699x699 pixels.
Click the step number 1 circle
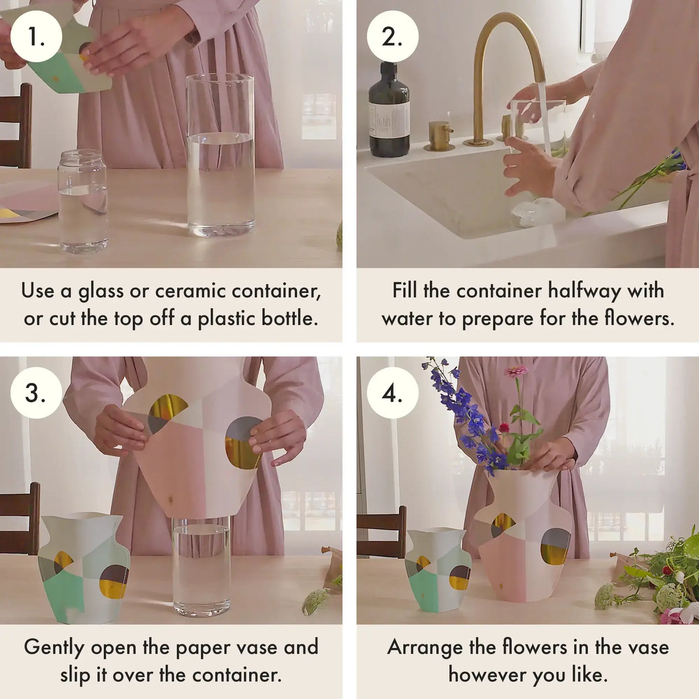click(36, 36)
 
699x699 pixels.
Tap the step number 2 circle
click(392, 36)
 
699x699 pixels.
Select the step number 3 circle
click(36, 392)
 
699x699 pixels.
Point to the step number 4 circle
click(392, 392)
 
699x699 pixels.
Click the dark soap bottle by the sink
click(389, 114)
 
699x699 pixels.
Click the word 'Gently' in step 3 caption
click(54, 647)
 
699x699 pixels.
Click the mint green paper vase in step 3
click(83, 568)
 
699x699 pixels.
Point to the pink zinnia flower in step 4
click(517, 371)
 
